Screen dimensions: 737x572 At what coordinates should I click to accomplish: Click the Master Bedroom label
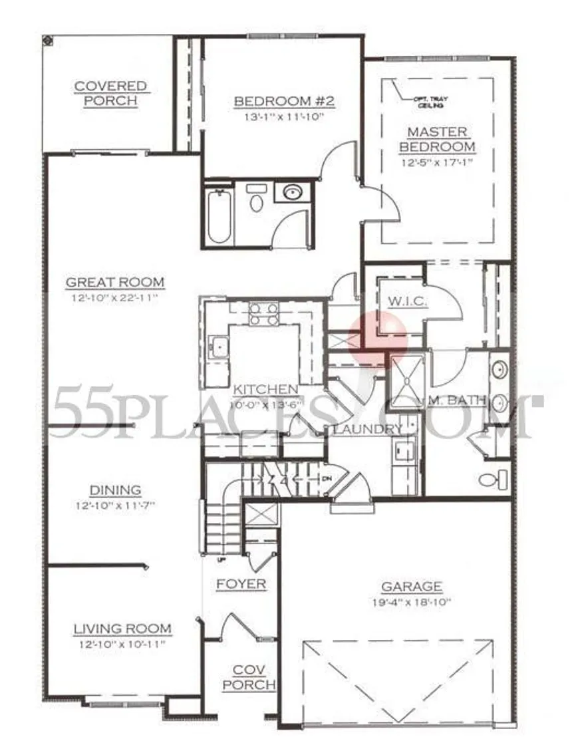click(437, 139)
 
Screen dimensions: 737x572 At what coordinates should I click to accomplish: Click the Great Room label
click(115, 283)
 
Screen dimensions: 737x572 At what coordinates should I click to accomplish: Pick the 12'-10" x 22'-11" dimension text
click(115, 298)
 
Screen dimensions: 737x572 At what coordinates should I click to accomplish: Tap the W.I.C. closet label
click(407, 301)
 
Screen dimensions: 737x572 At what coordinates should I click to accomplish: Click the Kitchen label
click(265, 389)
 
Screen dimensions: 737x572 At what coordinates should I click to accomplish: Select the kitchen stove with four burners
click(264, 313)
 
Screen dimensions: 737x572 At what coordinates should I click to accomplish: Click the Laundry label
click(367, 429)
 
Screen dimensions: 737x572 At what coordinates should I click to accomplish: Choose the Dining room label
click(115, 490)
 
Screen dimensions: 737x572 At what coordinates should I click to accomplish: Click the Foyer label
click(241, 584)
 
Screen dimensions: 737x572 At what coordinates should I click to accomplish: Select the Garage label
click(411, 587)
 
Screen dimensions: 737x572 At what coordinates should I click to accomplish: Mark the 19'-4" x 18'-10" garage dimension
click(411, 602)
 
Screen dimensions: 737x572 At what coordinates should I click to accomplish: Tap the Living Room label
click(122, 629)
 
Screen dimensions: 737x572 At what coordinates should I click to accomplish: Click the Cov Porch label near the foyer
click(249, 677)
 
